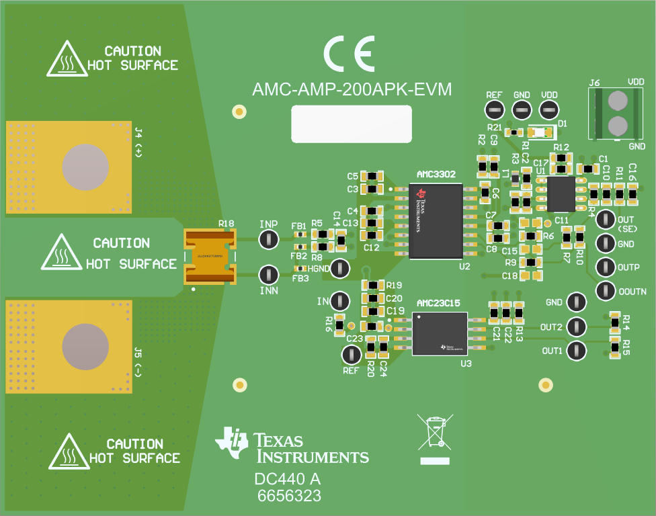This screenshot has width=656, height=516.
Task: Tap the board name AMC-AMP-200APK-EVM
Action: click(x=352, y=90)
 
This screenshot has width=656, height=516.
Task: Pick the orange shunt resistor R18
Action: click(x=210, y=256)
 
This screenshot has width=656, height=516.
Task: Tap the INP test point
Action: click(x=268, y=239)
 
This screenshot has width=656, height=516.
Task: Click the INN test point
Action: click(x=268, y=275)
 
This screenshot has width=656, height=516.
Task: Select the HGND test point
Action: click(x=340, y=268)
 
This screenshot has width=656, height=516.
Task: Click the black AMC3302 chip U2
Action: click(x=436, y=221)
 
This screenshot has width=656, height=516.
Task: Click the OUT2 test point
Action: click(x=575, y=327)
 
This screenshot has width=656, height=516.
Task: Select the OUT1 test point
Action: click(x=575, y=350)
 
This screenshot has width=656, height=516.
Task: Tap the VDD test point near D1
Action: click(x=549, y=110)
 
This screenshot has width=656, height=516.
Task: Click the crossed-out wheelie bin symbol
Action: click(x=436, y=432)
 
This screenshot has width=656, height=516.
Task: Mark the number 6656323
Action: click(x=290, y=497)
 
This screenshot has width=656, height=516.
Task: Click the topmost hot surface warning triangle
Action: click(x=68, y=58)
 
